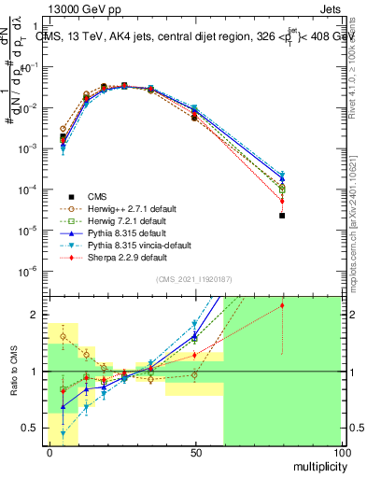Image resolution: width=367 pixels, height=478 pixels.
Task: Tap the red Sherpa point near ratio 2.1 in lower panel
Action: click(282, 305)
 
